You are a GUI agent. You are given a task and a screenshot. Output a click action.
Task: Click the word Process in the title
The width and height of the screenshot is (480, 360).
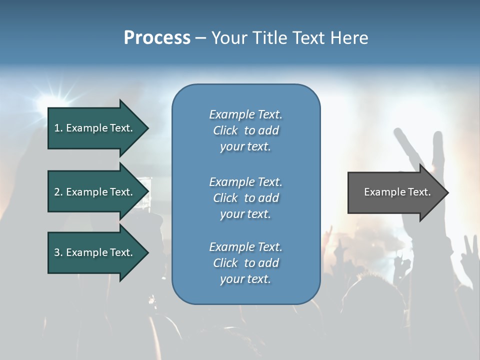(x=157, y=38)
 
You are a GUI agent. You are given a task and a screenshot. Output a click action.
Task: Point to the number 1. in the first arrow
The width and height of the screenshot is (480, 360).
(x=58, y=128)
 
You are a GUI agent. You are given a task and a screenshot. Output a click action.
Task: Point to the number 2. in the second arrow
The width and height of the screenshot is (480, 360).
(x=58, y=192)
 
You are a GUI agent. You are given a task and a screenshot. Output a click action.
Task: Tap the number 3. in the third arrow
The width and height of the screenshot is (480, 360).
(x=58, y=252)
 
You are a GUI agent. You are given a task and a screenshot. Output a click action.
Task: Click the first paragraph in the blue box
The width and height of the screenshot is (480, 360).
(x=245, y=130)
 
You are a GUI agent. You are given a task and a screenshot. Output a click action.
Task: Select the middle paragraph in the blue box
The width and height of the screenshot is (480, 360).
(x=245, y=198)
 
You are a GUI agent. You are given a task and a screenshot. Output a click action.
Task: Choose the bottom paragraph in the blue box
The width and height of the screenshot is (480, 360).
(x=245, y=263)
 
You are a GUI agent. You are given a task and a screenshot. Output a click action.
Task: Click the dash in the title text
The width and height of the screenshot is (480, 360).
(x=200, y=38)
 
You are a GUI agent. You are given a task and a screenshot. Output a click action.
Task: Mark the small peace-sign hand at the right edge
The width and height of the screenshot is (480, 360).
(x=470, y=250)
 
